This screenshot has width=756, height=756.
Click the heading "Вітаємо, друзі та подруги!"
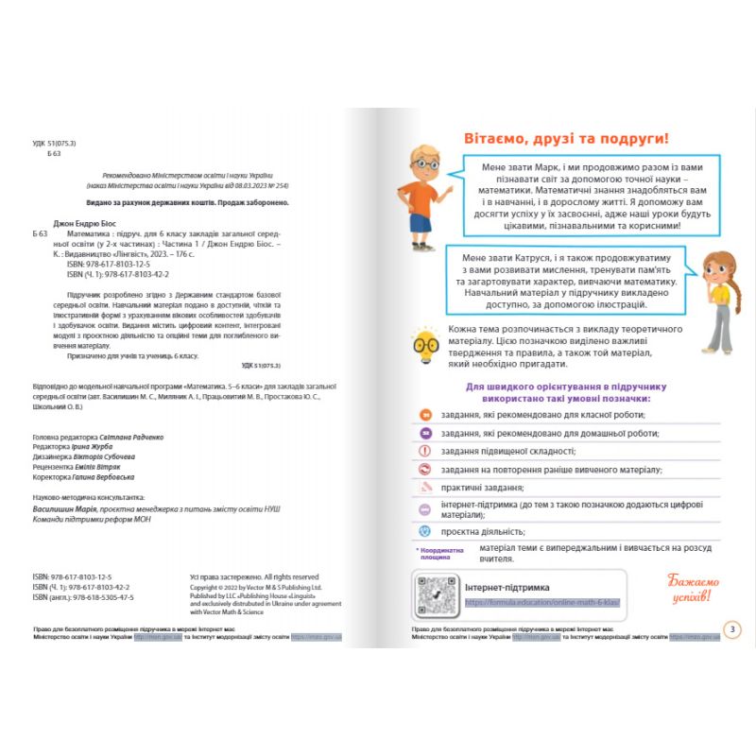point(565,138)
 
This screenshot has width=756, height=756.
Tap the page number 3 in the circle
point(730,629)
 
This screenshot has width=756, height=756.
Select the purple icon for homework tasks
point(424,433)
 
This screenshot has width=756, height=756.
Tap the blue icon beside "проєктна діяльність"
point(424,532)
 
